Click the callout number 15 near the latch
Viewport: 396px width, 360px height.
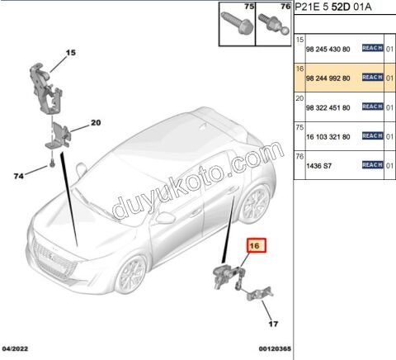(71, 53)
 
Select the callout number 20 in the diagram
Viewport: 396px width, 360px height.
(95, 123)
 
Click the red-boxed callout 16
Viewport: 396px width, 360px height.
(253, 245)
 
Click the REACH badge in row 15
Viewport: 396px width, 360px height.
(372, 47)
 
